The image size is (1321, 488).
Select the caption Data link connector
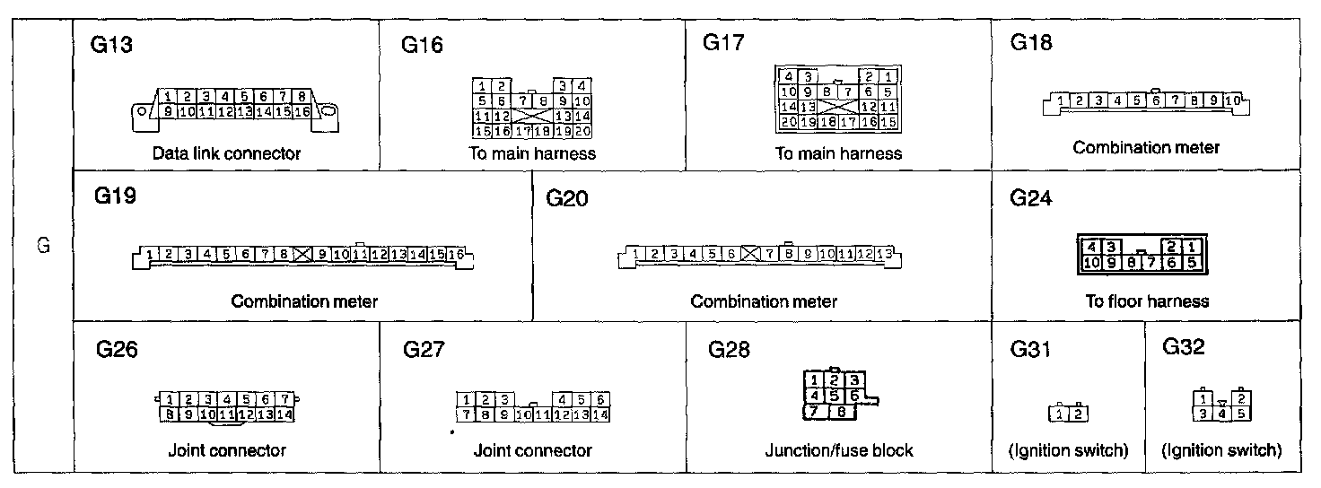click(226, 153)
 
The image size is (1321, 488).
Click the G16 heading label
click(422, 45)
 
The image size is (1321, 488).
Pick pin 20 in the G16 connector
click(582, 131)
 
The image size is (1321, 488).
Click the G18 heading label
click(1030, 43)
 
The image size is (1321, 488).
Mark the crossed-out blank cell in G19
click(302, 255)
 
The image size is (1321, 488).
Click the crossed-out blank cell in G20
click(750, 255)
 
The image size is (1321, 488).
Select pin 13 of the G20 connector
click(884, 255)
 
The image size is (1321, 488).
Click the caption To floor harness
click(1146, 301)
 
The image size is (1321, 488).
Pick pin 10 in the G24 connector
click(1092, 263)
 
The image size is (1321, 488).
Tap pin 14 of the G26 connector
click(284, 414)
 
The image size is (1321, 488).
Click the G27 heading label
click(424, 349)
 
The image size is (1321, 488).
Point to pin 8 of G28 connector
click(843, 413)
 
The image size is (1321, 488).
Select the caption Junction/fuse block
click(838, 450)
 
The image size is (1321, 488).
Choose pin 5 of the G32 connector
click(1241, 414)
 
